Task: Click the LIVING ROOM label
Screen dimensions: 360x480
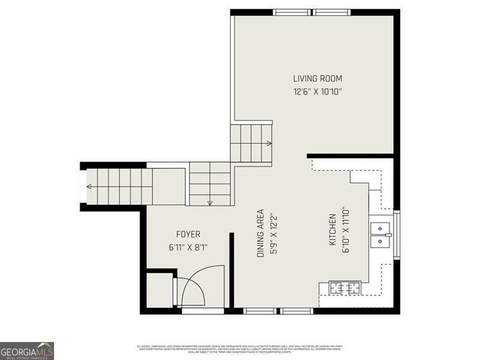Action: [317, 79]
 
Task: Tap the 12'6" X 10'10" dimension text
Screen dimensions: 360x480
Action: [317, 92]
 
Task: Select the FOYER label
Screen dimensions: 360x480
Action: [188, 234]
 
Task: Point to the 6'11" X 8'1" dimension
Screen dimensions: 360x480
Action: [188, 247]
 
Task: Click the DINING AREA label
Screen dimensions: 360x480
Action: [260, 233]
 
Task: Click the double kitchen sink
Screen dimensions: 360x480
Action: [380, 235]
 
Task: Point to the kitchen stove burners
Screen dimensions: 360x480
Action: [344, 288]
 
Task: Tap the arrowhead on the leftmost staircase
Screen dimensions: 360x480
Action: [89, 187]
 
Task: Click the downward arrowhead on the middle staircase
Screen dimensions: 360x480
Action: [209, 203]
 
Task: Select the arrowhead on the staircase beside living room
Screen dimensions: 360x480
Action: [269, 143]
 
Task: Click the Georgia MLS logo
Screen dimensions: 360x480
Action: [27, 350]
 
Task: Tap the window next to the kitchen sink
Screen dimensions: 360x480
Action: [396, 235]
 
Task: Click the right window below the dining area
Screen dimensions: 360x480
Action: [297, 311]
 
